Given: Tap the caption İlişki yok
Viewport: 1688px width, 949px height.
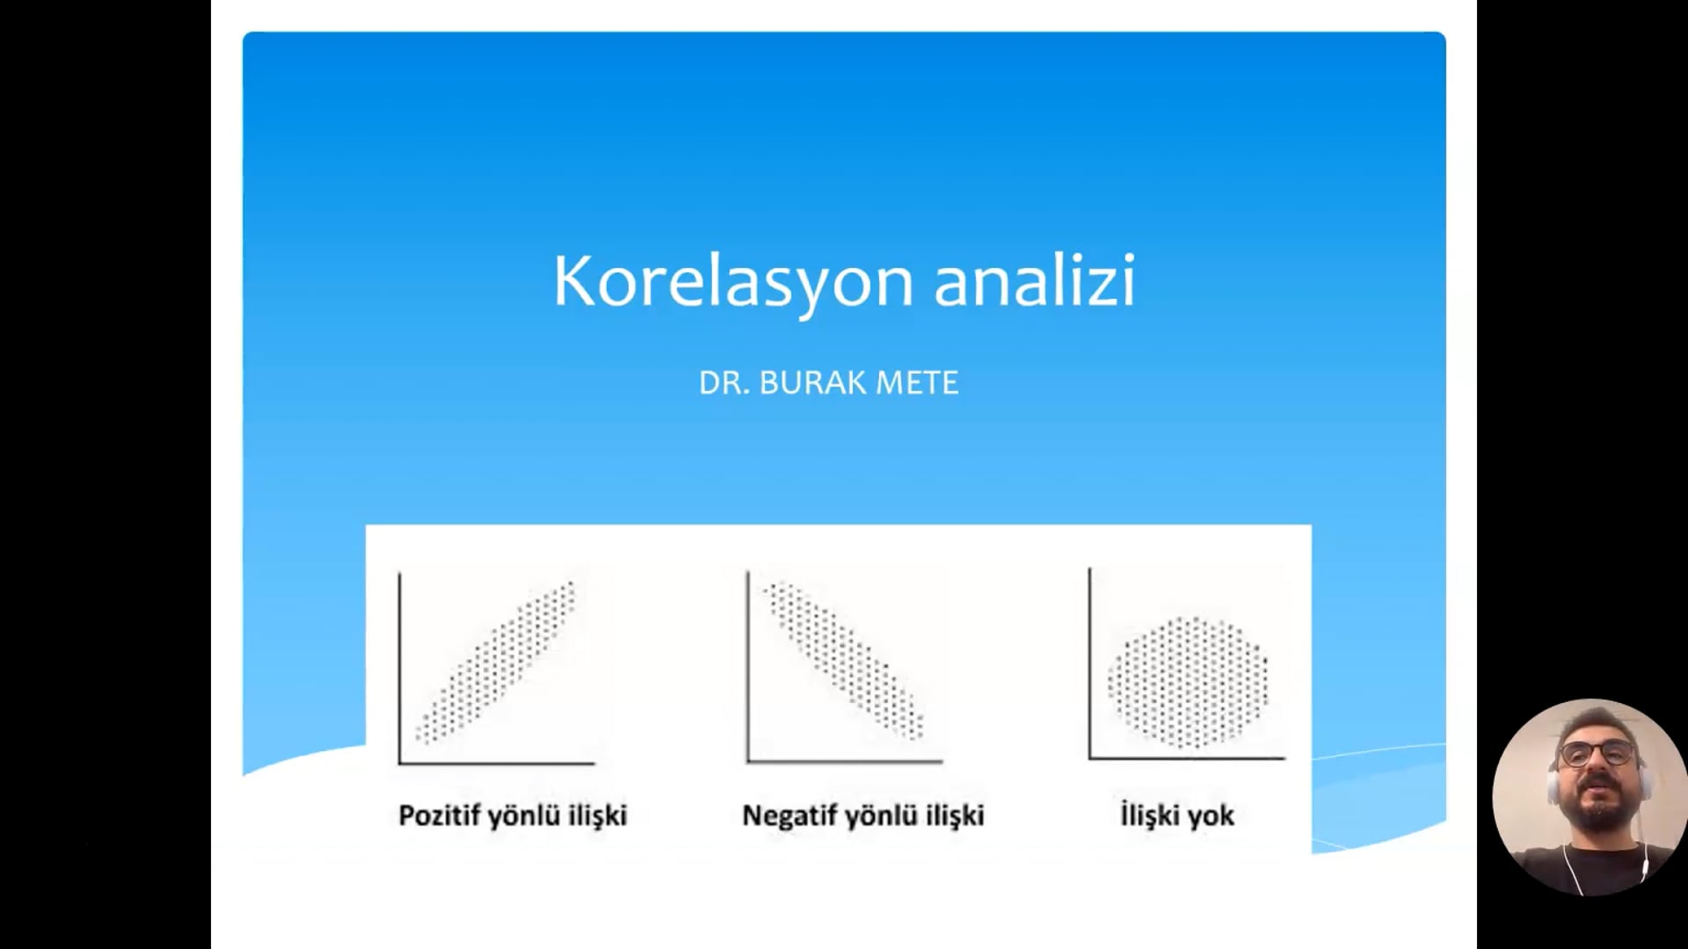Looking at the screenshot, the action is pos(1177,815).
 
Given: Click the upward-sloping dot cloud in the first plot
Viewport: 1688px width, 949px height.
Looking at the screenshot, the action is pos(496,663).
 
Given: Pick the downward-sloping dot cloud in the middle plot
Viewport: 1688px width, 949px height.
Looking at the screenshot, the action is pos(844,659).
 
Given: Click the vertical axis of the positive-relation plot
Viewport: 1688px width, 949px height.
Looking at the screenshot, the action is pos(399,668).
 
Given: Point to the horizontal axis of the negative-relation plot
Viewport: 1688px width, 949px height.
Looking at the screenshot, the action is pos(845,762).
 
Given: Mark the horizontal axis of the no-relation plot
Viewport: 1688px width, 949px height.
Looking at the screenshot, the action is pos(1188,757).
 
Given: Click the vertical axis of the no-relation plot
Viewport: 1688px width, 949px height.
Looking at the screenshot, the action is pos(1090,663).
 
